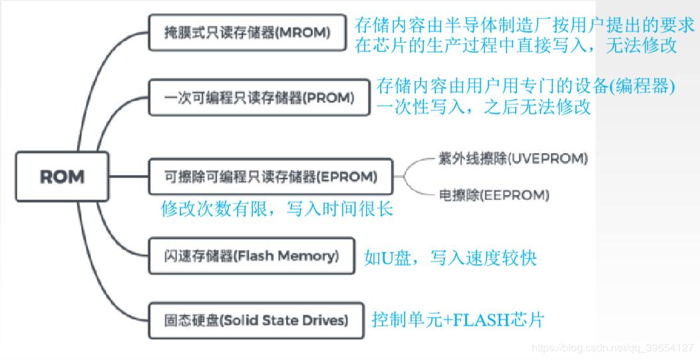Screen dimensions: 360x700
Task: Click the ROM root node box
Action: [62, 176]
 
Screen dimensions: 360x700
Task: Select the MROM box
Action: [247, 32]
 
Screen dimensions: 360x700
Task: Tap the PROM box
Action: [258, 98]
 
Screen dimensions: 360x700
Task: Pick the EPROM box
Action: [271, 177]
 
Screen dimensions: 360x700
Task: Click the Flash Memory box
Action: [252, 256]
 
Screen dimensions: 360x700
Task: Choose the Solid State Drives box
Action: [256, 320]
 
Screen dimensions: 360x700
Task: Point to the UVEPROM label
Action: [512, 158]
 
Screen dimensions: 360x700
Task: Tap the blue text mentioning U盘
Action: [450, 258]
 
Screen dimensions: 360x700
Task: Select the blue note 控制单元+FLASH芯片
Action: [458, 319]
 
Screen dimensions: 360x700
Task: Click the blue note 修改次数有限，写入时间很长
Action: [277, 210]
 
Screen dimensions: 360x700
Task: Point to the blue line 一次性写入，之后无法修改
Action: [484, 107]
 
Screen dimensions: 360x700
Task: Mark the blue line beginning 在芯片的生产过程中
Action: [516, 46]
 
